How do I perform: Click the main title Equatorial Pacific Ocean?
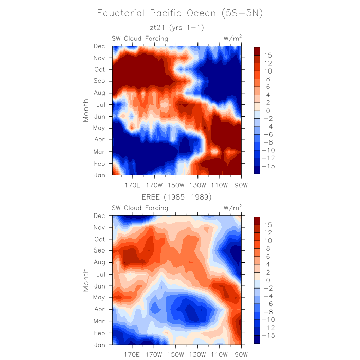pyautogui.click(x=179, y=13)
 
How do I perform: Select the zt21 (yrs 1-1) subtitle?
pyautogui.click(x=176, y=28)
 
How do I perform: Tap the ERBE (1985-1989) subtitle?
pyautogui.click(x=176, y=197)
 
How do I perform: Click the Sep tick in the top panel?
pyautogui.click(x=99, y=81)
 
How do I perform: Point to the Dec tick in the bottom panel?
pyautogui.click(x=99, y=215)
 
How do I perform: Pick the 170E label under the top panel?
pyautogui.click(x=133, y=185)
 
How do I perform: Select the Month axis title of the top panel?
pyautogui.click(x=86, y=110)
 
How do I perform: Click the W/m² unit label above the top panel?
pyautogui.click(x=232, y=38)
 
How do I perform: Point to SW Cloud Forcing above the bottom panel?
pyautogui.click(x=140, y=208)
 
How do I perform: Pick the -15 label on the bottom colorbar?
pyautogui.click(x=270, y=335)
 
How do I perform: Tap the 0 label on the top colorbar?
pyautogui.click(x=267, y=111)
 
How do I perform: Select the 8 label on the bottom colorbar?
pyautogui.click(x=267, y=248)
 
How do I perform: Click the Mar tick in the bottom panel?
pyautogui.click(x=99, y=321)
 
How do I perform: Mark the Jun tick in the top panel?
pyautogui.click(x=99, y=116)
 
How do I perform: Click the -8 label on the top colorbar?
pyautogui.click(x=270, y=142)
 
